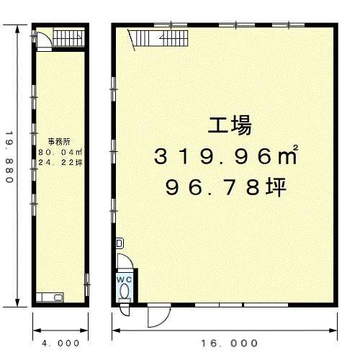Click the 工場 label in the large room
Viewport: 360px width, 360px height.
[x=230, y=125]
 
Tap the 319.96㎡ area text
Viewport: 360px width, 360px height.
[x=226, y=156]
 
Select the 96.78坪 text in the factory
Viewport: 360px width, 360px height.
[x=226, y=187]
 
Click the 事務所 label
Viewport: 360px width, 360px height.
[x=59, y=142]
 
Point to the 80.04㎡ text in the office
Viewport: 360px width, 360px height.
[x=60, y=152]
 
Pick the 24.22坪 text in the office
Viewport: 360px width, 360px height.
[x=60, y=163]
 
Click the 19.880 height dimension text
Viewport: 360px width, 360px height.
[x=9, y=157]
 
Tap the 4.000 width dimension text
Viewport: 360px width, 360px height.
[x=60, y=343]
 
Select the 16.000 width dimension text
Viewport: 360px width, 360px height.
[x=229, y=343]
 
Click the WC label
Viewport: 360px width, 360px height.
[x=124, y=279]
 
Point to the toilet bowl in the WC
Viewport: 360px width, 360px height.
[x=125, y=291]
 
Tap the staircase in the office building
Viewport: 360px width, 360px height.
[x=68, y=38]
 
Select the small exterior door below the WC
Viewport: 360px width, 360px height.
[x=125, y=310]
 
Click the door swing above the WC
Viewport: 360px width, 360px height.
[x=125, y=261]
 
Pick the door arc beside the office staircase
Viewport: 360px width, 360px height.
[x=44, y=40]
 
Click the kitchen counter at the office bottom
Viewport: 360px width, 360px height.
[x=50, y=297]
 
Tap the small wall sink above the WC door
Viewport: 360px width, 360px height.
[x=120, y=243]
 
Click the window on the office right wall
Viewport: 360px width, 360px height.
[x=87, y=284]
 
